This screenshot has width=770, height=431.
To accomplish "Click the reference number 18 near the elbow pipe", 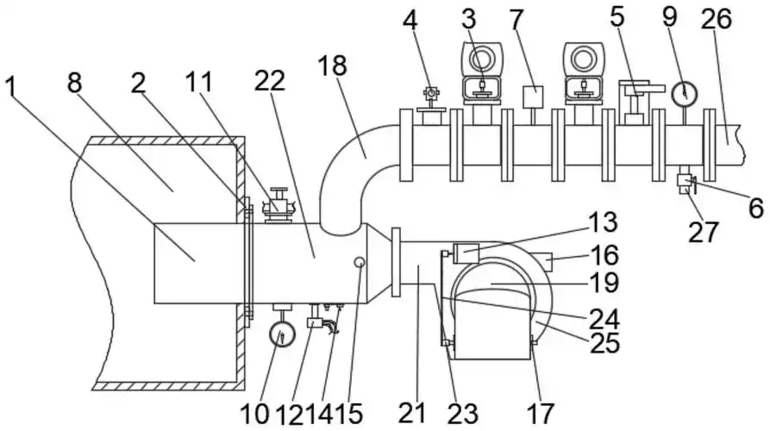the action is (333, 66).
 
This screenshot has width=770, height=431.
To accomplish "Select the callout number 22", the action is (270, 80).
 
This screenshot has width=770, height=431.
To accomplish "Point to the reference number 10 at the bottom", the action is (254, 414).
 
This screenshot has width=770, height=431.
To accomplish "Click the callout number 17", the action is (541, 413).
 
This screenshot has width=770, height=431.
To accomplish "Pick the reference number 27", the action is (704, 232).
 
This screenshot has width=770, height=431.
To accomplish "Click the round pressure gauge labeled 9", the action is (684, 93).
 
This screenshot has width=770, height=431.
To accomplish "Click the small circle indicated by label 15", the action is (360, 263).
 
